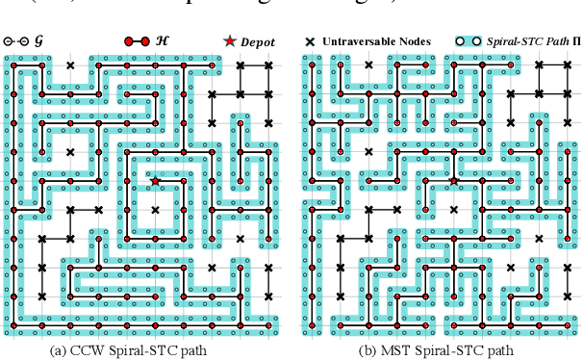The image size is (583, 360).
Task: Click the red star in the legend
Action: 229,41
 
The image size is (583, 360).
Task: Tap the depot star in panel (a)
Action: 155,180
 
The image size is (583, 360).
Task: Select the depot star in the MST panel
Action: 453,180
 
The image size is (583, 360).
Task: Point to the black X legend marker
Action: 311,42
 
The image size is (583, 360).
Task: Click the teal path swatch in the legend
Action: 469,42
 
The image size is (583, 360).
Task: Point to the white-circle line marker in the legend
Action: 15,42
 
